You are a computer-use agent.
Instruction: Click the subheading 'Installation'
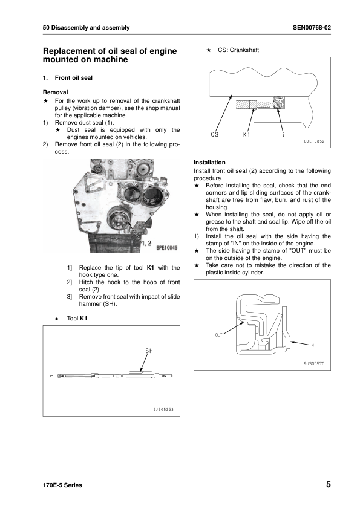click(x=209, y=163)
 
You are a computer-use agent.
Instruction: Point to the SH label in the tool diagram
click(x=149, y=351)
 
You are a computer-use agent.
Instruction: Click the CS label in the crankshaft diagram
click(x=215, y=134)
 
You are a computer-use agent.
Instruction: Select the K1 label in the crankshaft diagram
click(x=247, y=134)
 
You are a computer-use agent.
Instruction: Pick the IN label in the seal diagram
click(x=312, y=345)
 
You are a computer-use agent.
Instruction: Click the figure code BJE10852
click(x=314, y=141)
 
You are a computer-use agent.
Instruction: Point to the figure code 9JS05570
click(x=314, y=365)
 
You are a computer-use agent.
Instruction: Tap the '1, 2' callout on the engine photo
click(x=146, y=242)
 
